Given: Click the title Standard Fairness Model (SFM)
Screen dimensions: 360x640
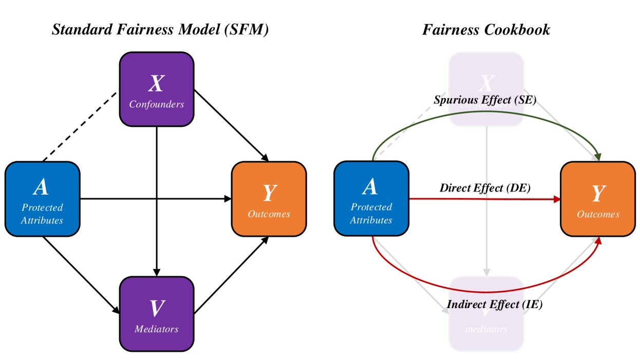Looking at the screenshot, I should click(160, 30).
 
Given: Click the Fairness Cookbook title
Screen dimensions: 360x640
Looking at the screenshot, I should click(486, 30).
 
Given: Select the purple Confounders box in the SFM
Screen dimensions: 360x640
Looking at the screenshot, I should click(157, 89).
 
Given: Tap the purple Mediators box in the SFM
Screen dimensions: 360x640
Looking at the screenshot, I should click(157, 313).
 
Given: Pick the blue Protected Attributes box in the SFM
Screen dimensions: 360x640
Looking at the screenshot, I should click(42, 199).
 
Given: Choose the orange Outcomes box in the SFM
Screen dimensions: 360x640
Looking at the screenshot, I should click(269, 199).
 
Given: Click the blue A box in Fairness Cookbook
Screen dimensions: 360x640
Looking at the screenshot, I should click(371, 199).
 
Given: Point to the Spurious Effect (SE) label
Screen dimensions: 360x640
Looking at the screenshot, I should click(485, 100).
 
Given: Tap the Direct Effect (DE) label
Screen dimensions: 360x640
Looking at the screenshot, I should click(485, 188).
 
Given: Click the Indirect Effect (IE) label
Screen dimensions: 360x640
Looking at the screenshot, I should click(494, 304).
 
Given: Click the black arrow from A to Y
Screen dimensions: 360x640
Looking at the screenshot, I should click(154, 199).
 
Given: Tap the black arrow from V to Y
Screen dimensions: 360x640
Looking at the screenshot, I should click(231, 275).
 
